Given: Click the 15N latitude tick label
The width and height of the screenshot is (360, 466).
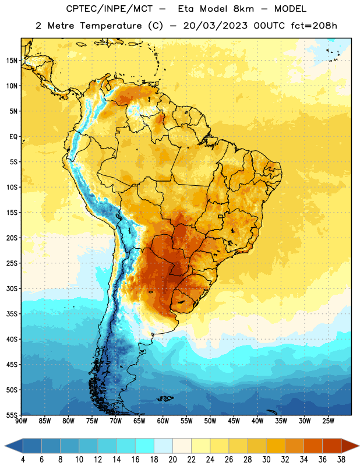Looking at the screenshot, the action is coord(12,61).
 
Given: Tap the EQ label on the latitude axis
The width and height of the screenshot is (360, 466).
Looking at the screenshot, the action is coord(13,137).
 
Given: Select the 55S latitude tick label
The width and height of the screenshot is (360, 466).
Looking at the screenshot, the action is coord(12,415).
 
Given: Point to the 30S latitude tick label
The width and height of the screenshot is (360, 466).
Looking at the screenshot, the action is coord(12,288).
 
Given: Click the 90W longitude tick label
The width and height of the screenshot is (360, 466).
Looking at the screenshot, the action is coord(21,421).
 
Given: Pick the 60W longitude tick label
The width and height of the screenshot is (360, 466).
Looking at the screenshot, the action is coord(163,421).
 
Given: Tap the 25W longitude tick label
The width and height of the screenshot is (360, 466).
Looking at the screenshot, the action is coord(328,421).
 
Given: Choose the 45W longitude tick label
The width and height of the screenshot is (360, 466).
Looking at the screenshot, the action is coord(234,421).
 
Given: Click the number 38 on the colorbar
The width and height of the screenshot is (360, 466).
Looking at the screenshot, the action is coord(341,460).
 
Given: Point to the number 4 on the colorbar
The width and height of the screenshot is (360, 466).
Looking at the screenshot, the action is coord(23,460).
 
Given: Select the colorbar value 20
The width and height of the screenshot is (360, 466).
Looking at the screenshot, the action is coord(172,460).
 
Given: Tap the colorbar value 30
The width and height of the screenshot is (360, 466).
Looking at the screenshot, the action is coord(266,460).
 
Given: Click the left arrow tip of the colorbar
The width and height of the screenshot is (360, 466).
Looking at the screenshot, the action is coord(5,446).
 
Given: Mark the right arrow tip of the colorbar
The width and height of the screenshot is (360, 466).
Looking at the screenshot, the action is coord(359,446).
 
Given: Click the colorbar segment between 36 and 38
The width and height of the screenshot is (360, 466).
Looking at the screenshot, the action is coord(332,446).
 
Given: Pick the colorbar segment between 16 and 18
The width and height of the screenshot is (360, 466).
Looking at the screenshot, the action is coord(145,446).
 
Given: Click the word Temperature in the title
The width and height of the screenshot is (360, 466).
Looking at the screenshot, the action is coord(111,26).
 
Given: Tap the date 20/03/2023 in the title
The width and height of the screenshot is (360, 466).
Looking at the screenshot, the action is coord(215,26).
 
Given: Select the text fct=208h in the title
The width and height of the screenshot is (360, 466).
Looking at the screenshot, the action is coord(314,26).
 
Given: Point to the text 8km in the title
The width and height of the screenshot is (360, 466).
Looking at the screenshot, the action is coord(243,9).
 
